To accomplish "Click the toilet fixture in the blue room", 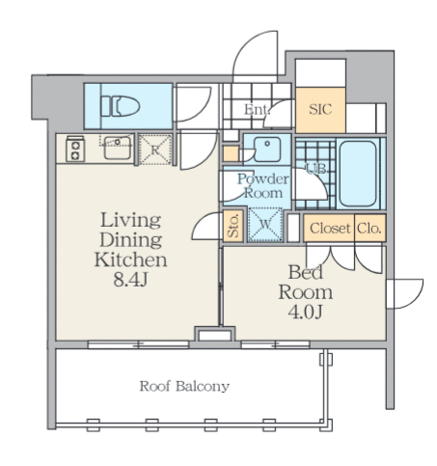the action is (x=121, y=106).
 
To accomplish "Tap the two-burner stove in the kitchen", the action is (x=75, y=149).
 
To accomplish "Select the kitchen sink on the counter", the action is (x=118, y=148).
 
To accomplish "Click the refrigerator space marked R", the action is (x=155, y=150).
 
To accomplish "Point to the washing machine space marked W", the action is (x=265, y=224).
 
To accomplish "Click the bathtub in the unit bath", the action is (x=358, y=174).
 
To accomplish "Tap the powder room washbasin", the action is (x=267, y=149).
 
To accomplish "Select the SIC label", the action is (x=320, y=109).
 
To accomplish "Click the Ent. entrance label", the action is (x=257, y=110).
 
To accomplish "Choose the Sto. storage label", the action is (x=233, y=226).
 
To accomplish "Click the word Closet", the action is (x=330, y=229).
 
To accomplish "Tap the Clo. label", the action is (x=369, y=229).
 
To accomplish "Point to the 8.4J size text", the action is (x=130, y=280).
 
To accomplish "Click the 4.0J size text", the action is (x=305, y=312).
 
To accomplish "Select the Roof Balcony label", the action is (x=184, y=386).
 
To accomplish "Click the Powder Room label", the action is (x=263, y=186).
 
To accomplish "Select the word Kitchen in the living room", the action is (x=130, y=260).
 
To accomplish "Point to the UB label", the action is (x=316, y=169).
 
